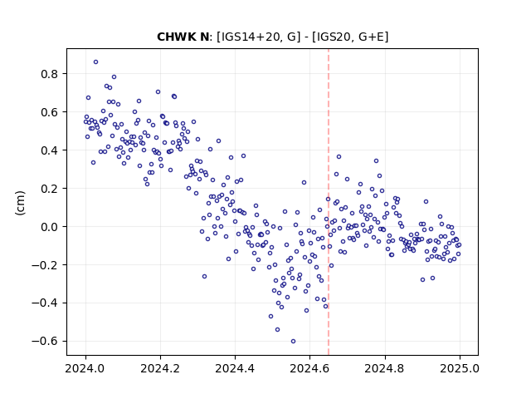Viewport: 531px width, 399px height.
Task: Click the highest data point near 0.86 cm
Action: click(x=96, y=62)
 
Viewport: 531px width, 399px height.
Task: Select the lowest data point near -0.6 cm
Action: click(x=293, y=342)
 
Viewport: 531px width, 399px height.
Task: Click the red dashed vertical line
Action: click(x=329, y=202)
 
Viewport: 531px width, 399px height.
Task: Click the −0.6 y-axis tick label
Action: click(x=47, y=341)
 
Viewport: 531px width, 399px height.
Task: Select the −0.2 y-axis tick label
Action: click(x=47, y=264)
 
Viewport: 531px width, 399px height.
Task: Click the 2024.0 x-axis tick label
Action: click(x=85, y=368)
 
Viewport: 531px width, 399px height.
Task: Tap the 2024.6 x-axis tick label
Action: click(x=309, y=368)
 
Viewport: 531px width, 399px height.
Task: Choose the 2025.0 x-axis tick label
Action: click(x=460, y=368)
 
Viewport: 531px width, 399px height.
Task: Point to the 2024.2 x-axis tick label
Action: click(x=160, y=368)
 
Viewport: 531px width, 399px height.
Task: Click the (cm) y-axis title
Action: click(x=20, y=203)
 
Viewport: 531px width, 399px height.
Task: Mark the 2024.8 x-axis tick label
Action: click(x=384, y=368)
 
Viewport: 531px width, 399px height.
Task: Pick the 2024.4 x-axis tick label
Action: click(x=235, y=368)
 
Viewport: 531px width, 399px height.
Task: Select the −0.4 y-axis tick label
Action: click(x=47, y=303)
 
